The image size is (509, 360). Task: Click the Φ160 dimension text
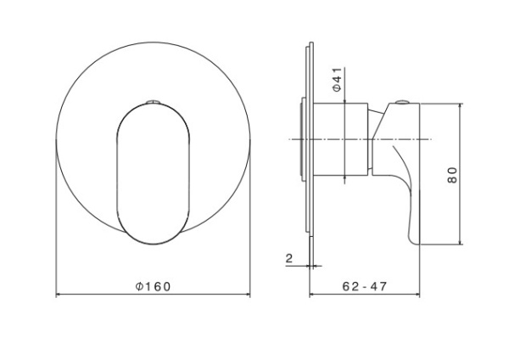click(x=154, y=286)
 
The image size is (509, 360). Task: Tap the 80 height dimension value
click(x=453, y=175)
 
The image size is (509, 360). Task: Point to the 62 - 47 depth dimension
click(x=366, y=286)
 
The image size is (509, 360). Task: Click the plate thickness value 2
click(x=289, y=259)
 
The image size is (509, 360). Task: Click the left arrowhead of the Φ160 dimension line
click(x=59, y=295)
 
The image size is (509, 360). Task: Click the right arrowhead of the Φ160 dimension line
click(x=248, y=295)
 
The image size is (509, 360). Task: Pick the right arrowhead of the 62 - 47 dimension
click(x=419, y=295)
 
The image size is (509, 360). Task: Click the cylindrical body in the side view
click(x=344, y=140)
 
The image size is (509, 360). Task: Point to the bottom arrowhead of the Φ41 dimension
click(x=345, y=177)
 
